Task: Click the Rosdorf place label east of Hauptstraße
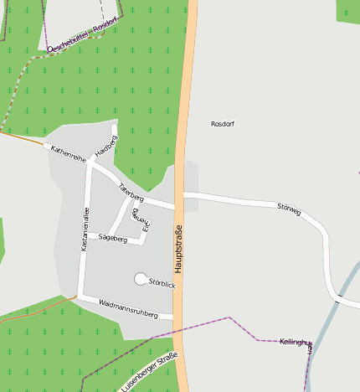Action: tap(223, 124)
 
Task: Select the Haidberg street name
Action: tap(105, 144)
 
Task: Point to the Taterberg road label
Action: tap(131, 193)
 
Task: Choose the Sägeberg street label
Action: tap(112, 239)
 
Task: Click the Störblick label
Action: tap(162, 284)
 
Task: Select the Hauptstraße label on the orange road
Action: tap(178, 250)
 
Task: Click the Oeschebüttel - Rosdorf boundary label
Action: tap(80, 38)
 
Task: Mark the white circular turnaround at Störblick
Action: tap(140, 279)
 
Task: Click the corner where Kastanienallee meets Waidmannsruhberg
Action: tap(80, 297)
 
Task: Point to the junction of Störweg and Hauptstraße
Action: tap(184, 195)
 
